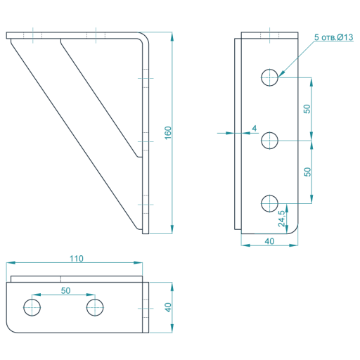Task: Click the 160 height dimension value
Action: pos(168,133)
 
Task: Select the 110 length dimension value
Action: pos(77,259)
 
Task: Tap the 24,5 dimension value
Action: pos(281,219)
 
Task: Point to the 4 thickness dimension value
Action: pos(255,128)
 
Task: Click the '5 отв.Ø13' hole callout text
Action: pos(334,37)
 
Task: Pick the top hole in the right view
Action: pos(269,77)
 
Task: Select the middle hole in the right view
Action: pos(269,141)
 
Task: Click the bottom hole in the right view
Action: pos(269,203)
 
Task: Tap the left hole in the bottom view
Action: pos(32,307)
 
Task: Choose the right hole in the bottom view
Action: pos(95,307)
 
